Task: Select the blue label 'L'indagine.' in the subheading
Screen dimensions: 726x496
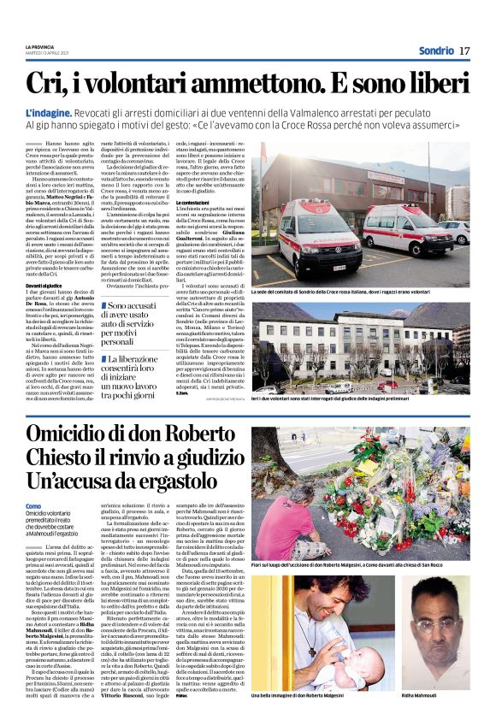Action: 50,113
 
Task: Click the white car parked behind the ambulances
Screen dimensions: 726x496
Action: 458,232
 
